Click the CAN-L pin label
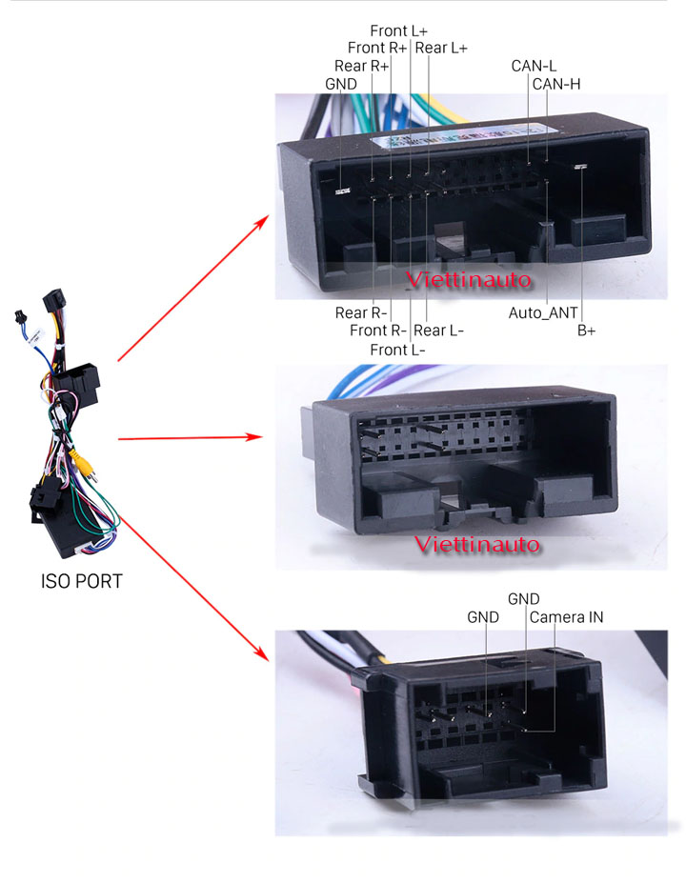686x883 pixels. point(534,66)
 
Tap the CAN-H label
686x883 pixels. point(556,84)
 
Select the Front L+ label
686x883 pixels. point(398,30)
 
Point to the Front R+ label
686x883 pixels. point(377,48)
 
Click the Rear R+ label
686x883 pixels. point(361,66)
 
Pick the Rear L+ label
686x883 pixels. point(441,48)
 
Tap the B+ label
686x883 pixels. point(587,331)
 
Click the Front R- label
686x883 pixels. point(378,331)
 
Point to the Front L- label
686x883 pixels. point(397,350)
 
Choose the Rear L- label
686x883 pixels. point(439,331)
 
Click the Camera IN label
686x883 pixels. point(566,617)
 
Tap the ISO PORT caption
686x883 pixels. point(82,581)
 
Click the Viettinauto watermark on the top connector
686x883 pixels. point(467,281)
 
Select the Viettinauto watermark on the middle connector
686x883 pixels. point(478,545)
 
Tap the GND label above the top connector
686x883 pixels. point(340,84)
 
